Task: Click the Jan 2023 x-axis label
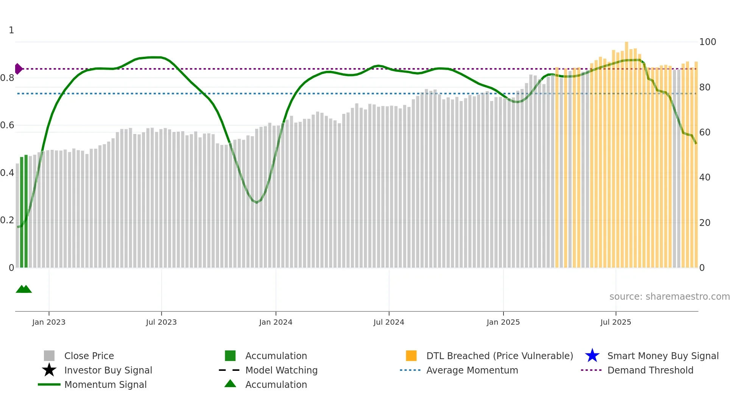click(x=49, y=322)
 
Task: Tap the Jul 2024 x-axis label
click(x=389, y=322)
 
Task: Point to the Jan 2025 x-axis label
click(x=503, y=322)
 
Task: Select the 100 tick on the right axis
click(x=707, y=42)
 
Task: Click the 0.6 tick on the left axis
click(x=7, y=125)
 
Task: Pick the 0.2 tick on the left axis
click(x=7, y=220)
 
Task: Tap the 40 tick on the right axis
click(x=705, y=177)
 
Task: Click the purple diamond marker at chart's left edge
click(x=18, y=69)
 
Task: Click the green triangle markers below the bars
click(x=24, y=289)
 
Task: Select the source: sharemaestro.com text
click(x=669, y=297)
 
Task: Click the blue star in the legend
click(x=592, y=356)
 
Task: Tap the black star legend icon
click(x=49, y=370)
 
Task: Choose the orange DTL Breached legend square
click(x=411, y=356)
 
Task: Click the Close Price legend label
click(x=89, y=356)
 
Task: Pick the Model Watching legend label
click(x=281, y=370)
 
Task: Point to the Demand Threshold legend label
click(x=650, y=370)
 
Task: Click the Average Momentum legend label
click(x=472, y=370)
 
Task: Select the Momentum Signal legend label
click(x=105, y=384)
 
